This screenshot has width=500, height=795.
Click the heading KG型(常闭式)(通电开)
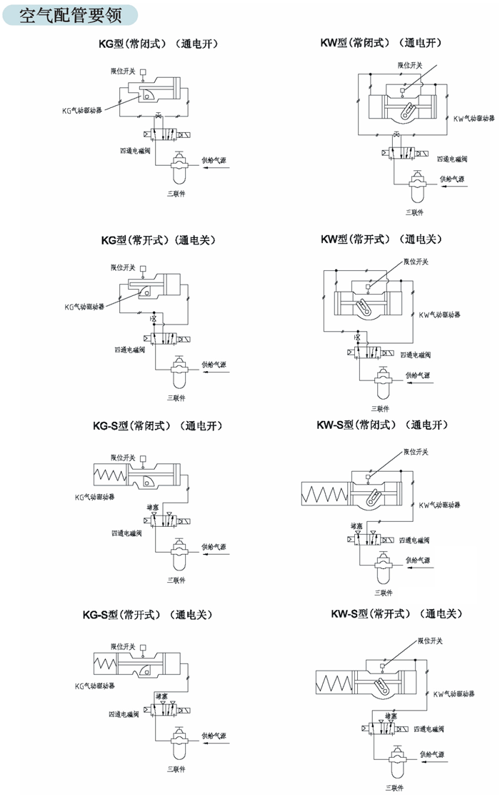tap(158, 44)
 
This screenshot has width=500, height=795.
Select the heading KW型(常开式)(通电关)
tap(382, 239)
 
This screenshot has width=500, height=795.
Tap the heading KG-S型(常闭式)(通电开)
tap(157, 426)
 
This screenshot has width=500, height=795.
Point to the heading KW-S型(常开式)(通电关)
tap(397, 613)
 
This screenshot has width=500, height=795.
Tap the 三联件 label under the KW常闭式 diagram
tap(414, 212)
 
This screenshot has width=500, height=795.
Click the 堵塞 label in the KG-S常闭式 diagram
tap(152, 506)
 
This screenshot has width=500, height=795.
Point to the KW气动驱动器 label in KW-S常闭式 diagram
tap(439, 505)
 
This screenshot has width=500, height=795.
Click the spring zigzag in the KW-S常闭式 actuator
tap(325, 493)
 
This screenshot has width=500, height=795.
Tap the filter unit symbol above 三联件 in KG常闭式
tap(175, 171)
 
